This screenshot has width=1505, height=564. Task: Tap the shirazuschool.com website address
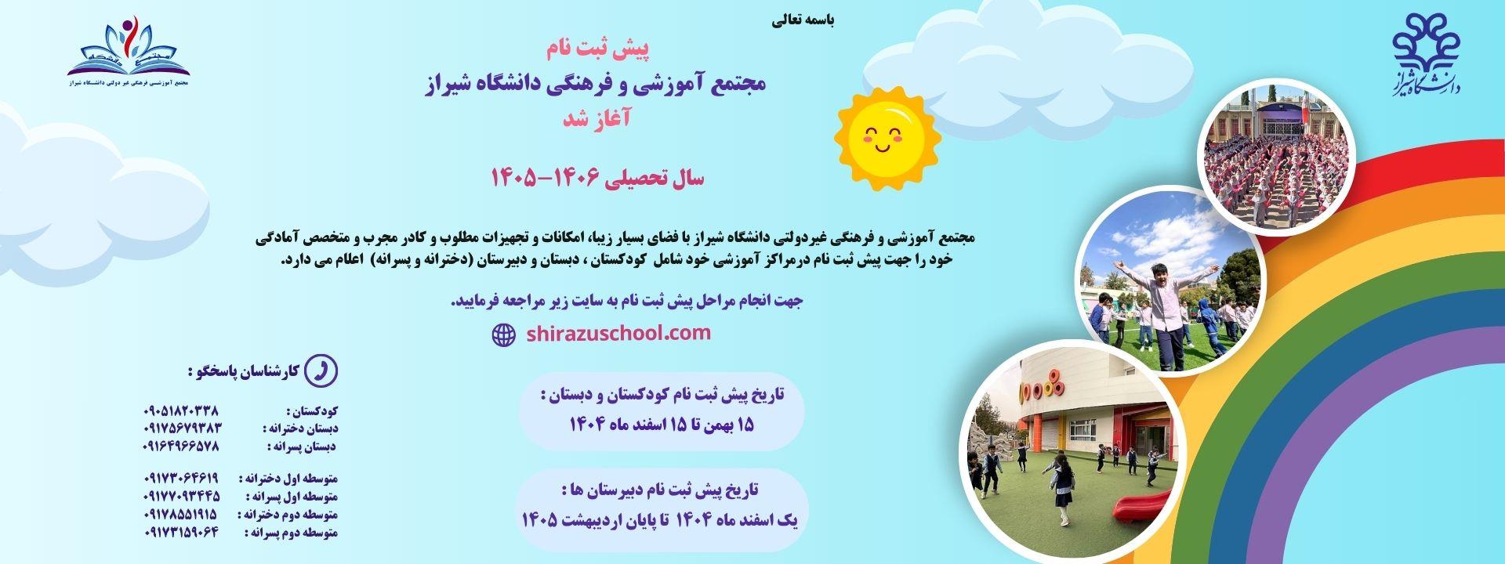(618, 334)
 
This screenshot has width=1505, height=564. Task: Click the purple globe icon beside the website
(503, 335)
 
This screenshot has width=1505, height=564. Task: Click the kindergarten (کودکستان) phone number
(181, 410)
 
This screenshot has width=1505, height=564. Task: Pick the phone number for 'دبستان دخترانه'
(183, 428)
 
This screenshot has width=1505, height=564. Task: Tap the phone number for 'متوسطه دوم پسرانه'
(181, 533)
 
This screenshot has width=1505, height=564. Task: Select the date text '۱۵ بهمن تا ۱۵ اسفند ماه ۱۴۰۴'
(662, 425)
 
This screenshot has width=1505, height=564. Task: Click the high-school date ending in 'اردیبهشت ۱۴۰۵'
(662, 519)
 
